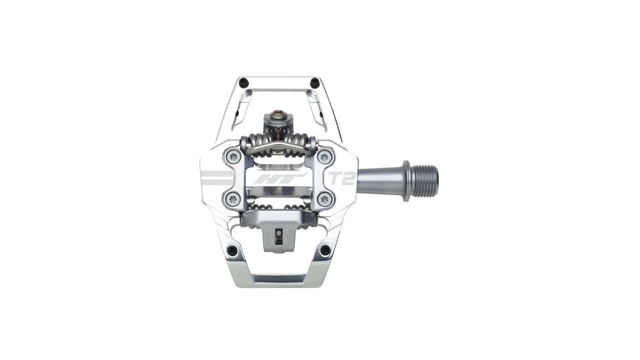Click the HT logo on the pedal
(x=279, y=179)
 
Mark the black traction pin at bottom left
(x=232, y=250)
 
